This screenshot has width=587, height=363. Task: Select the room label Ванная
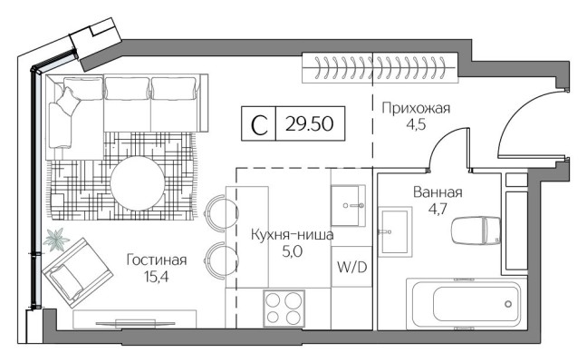[438, 192]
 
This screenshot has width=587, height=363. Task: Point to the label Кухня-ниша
[292, 235]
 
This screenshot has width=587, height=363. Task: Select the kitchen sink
[350, 207]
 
